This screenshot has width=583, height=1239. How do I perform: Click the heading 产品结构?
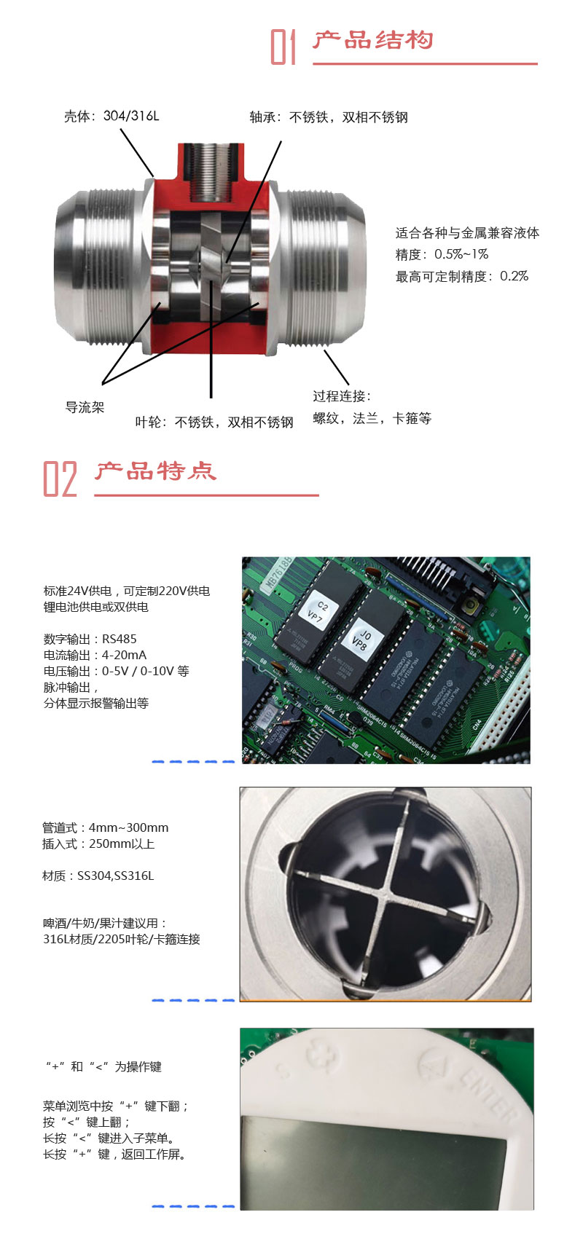372,40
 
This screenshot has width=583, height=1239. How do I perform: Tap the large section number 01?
283,47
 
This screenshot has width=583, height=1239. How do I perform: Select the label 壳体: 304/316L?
111,116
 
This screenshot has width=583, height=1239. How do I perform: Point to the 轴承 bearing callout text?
329,117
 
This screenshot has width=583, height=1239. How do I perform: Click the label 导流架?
85,408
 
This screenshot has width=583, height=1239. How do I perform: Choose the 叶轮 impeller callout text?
214,422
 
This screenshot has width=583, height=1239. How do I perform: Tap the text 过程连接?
342,396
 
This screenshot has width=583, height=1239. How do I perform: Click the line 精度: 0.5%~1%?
442,254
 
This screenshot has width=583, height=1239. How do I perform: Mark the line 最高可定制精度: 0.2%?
462,276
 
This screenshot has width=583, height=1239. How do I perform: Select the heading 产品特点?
155,471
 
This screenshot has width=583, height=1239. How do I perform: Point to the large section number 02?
60,479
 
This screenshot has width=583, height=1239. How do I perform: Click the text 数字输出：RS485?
90,639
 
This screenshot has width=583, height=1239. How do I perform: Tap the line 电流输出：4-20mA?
95,655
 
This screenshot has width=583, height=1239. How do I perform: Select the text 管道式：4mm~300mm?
105,827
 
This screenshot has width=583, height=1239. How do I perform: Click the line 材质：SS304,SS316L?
98,876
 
